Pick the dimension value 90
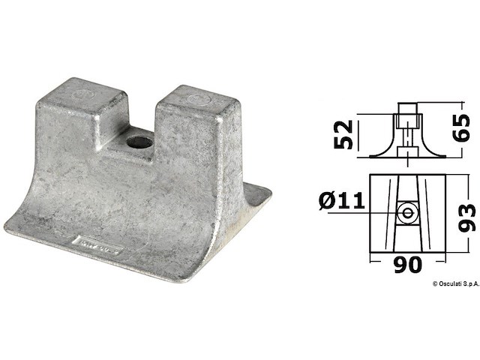click(408, 264)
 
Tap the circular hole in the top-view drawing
click(408, 213)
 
